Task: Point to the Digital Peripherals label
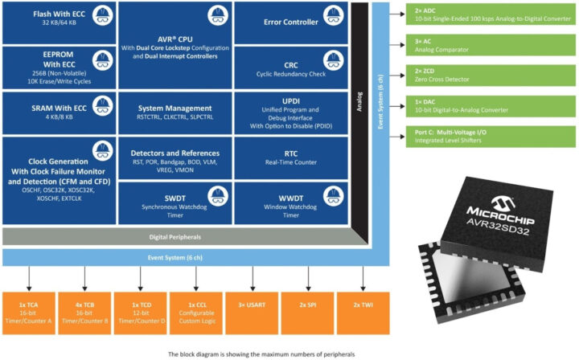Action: pyautogui.click(x=175, y=236)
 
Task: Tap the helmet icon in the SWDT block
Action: pyautogui.click(x=217, y=195)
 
